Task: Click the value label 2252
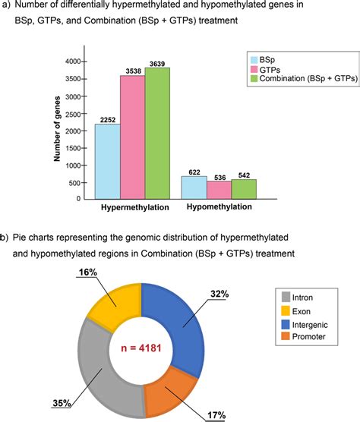click(x=106, y=118)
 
